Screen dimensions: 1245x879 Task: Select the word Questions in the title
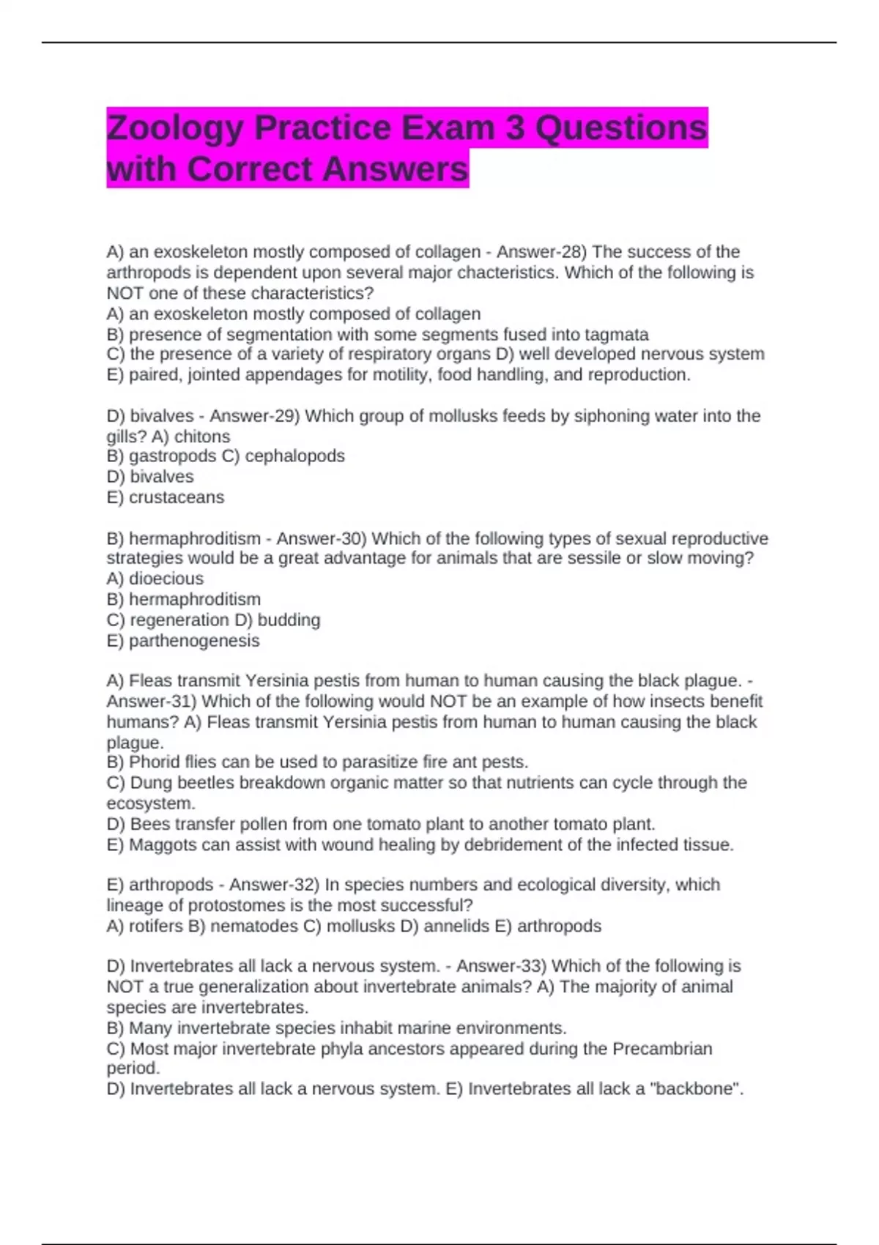621,129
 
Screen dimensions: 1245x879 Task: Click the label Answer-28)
542,252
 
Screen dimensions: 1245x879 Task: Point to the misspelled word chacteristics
504,272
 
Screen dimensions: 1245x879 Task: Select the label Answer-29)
255,416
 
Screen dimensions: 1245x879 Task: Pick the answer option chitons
201,436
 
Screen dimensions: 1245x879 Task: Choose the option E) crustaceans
166,497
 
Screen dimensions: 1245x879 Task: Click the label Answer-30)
322,539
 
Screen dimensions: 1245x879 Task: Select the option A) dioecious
155,579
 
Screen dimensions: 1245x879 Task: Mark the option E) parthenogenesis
183,641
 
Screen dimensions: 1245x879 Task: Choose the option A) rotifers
145,926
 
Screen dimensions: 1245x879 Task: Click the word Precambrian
662,1049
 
